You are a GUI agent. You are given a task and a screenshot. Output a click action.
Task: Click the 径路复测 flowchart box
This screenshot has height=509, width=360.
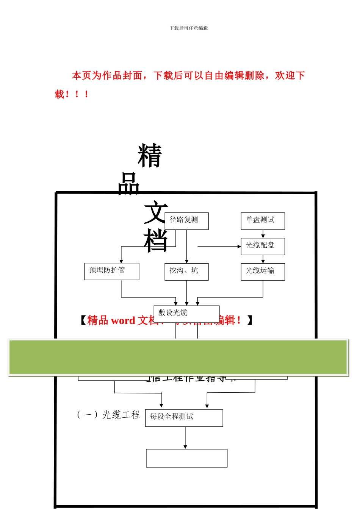tap(186, 221)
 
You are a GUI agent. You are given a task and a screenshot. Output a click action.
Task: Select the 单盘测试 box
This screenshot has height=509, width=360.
tap(263, 221)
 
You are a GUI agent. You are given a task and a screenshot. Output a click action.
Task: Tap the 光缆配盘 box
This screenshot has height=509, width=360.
tap(263, 246)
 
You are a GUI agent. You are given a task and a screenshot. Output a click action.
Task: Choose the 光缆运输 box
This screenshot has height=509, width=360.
tap(263, 272)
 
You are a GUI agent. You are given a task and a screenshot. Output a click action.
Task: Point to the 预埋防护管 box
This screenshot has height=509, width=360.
tap(111, 271)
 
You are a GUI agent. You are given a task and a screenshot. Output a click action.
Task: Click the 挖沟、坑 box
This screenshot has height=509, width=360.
tap(186, 272)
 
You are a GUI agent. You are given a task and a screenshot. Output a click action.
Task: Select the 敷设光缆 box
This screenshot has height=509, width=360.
tap(186, 314)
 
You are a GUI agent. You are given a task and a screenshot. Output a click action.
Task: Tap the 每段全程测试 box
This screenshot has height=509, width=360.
tap(184, 418)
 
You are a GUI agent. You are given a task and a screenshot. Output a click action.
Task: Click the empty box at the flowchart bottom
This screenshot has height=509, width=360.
tap(186, 458)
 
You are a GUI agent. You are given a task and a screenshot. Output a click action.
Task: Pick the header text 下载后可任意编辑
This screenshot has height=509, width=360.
tap(189, 28)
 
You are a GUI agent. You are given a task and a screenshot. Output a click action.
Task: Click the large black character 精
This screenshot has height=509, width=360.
tap(150, 156)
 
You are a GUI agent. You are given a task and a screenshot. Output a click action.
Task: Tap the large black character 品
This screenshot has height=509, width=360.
tap(129, 184)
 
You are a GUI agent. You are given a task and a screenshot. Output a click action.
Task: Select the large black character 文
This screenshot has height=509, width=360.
tap(155, 212)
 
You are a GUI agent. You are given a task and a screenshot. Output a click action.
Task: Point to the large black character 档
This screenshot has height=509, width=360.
tap(155, 240)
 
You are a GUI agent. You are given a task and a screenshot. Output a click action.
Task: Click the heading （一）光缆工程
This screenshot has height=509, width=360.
tap(108, 415)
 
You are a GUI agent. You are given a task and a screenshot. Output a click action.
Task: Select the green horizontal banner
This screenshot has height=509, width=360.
tap(178, 357)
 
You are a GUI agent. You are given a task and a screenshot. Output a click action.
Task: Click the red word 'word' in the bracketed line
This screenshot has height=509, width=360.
tap(123, 321)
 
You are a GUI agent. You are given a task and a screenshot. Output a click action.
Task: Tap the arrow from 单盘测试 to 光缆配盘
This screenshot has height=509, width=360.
tap(263, 234)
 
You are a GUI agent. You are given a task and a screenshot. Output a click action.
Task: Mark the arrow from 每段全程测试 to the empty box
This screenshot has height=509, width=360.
tap(185, 438)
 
